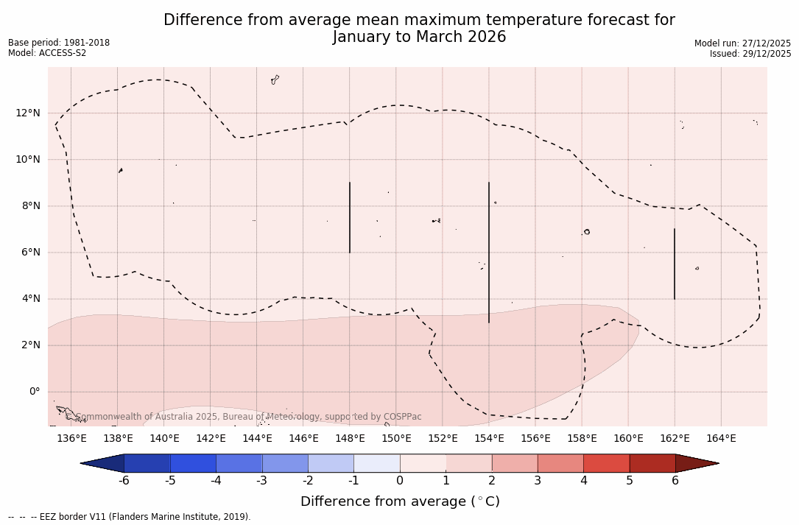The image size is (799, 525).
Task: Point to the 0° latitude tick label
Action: [x=35, y=392]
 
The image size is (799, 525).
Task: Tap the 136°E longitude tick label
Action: [x=71, y=439]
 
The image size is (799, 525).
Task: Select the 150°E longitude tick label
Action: [x=396, y=439]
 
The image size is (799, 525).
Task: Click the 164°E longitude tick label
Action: [x=721, y=439]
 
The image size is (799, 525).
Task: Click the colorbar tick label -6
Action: [x=124, y=481]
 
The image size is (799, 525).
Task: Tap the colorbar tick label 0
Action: [x=400, y=481]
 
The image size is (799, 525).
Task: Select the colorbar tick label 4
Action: [x=583, y=481]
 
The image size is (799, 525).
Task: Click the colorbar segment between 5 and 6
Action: [x=652, y=463]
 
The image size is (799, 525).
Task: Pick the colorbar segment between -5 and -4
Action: [x=193, y=463]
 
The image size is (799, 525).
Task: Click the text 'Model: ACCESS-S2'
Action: [x=47, y=53]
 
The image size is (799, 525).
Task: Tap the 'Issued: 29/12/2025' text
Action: [x=750, y=54]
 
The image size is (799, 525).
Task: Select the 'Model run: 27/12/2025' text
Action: [x=742, y=43]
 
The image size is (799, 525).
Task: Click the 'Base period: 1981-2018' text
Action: [x=59, y=43]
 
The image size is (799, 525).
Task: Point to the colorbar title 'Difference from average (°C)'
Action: [x=400, y=501]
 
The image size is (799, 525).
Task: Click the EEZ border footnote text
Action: [x=130, y=517]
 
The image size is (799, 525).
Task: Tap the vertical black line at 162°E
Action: [x=675, y=264]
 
